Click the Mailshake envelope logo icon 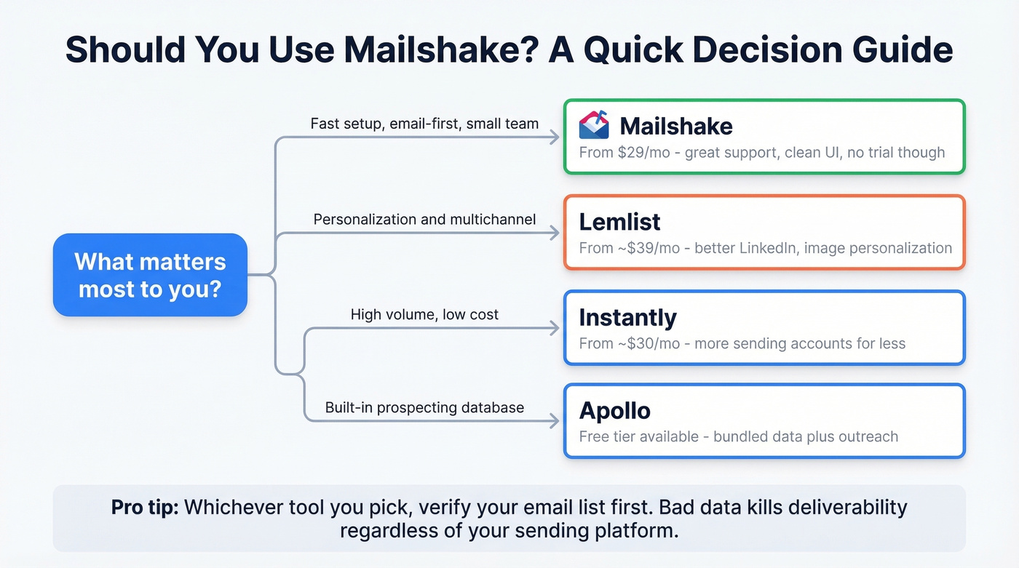pos(594,125)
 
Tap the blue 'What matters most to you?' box pos(151,275)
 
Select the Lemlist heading pos(620,222)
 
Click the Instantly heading pos(627,318)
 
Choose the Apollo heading pos(615,411)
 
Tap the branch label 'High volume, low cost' pos(424,315)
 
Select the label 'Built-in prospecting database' pos(424,407)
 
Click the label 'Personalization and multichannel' pos(424,219)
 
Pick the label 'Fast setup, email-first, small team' pos(424,124)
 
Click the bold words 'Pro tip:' pos(145,507)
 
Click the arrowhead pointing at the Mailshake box pos(555,137)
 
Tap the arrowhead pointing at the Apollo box pos(555,420)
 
